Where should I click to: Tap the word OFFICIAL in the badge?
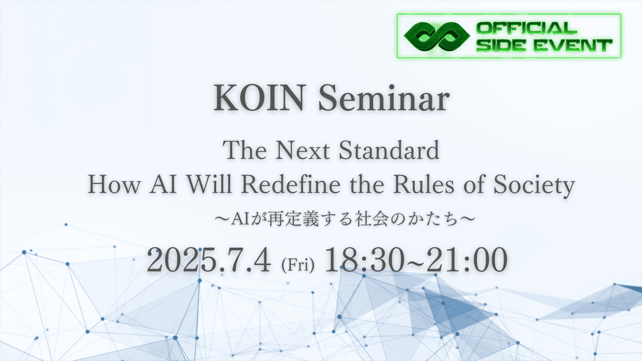pyautogui.click(x=527, y=28)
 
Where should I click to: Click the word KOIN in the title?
pyautogui.click(x=258, y=98)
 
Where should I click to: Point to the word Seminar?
pyautogui.click(x=384, y=98)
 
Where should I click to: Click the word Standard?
pyautogui.click(x=389, y=150)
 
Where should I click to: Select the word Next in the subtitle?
pyautogui.click(x=302, y=150)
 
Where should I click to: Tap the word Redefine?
pyautogui.click(x=290, y=184)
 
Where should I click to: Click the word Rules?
pyautogui.click(x=424, y=184)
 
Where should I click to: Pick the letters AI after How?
pyautogui.click(x=163, y=184)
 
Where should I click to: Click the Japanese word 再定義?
pyautogui.click(x=293, y=220)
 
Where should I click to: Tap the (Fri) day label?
pyautogui.click(x=298, y=265)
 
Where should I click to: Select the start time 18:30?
pyautogui.click(x=364, y=260)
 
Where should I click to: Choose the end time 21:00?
pyautogui.click(x=467, y=260)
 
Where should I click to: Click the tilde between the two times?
pyautogui.click(x=415, y=261)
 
